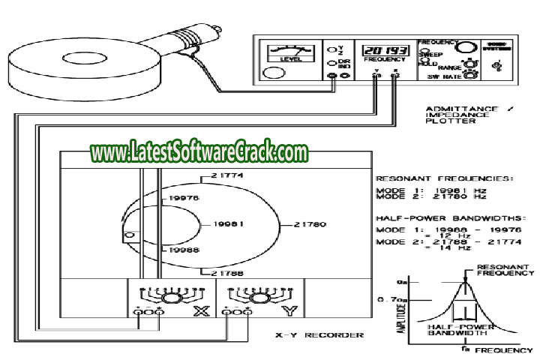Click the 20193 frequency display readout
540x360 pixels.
382,49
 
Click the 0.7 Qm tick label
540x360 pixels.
389,300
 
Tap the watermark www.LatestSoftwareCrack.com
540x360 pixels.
199,152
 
